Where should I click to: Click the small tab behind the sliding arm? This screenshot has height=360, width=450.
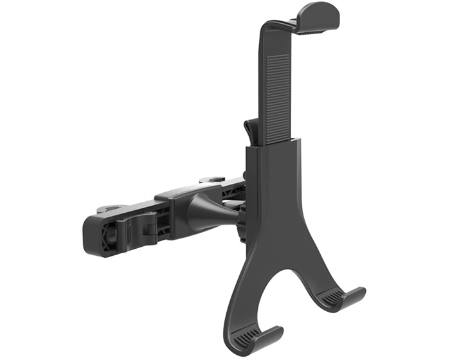tap(252, 132)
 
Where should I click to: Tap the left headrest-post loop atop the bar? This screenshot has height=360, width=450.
tap(109, 209)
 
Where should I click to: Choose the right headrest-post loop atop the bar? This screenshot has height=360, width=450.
tap(212, 181)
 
